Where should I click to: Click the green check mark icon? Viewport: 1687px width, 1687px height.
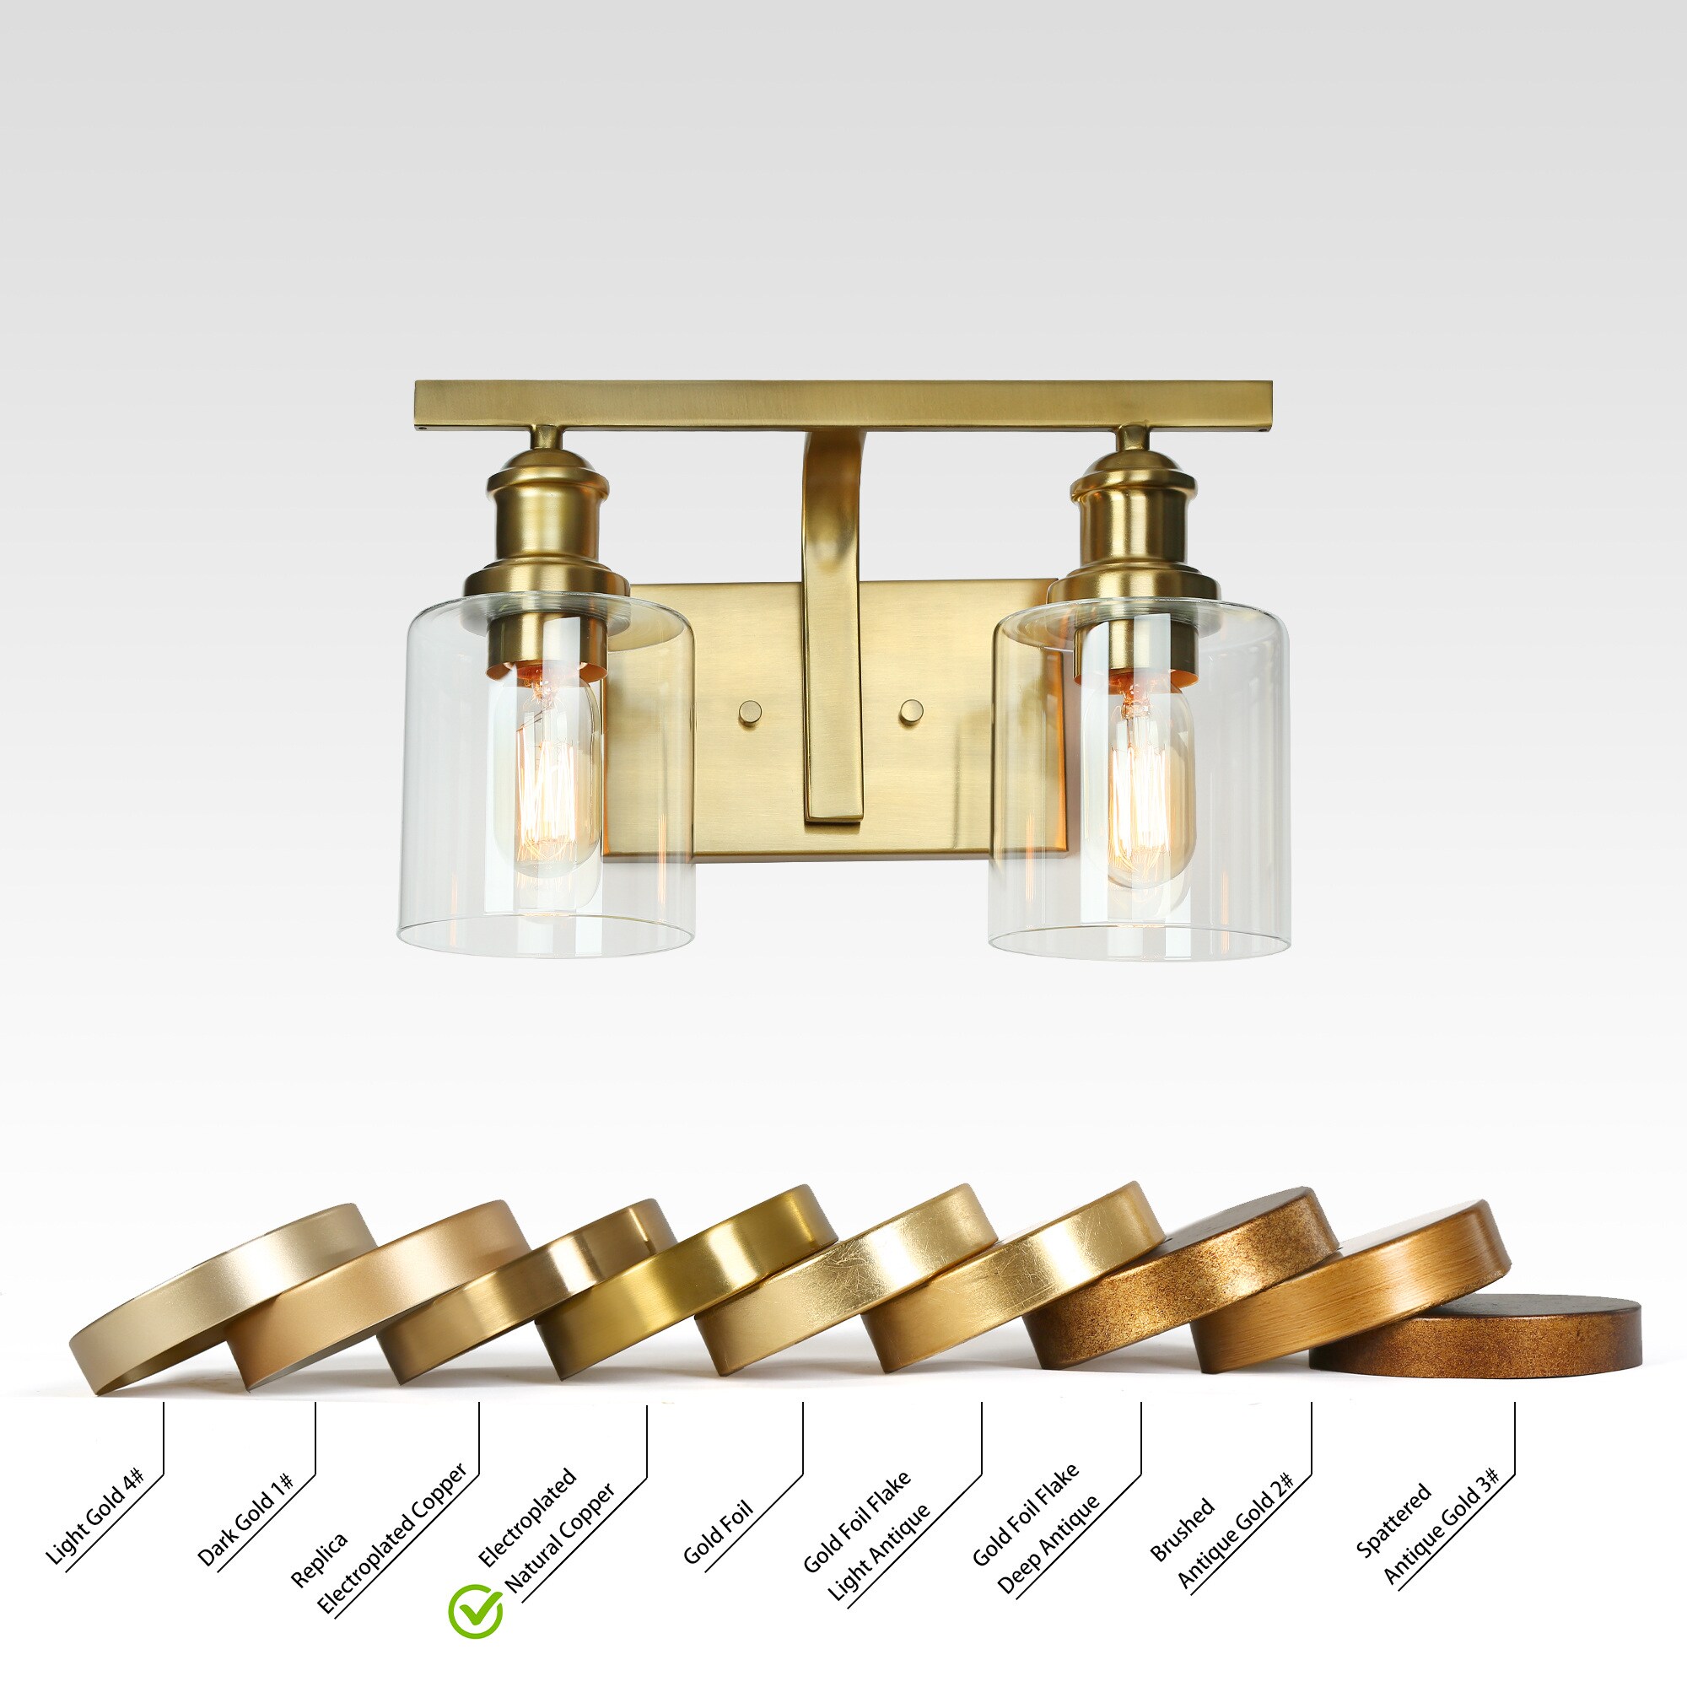(475, 1611)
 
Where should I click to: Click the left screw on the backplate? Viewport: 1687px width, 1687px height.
(749, 712)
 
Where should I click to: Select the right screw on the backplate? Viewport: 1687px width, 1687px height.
(911, 710)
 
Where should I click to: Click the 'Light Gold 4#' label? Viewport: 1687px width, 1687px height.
(93, 1517)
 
